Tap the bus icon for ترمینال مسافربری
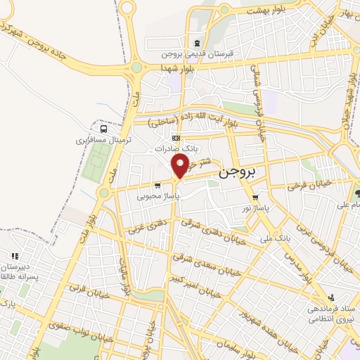coord(104,129)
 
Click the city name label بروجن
coord(239,172)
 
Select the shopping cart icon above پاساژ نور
coord(256,198)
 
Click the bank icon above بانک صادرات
coord(176,138)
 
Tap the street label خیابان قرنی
coord(84,288)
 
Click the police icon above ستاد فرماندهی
coord(330,297)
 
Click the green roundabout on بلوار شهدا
coord(136,68)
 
